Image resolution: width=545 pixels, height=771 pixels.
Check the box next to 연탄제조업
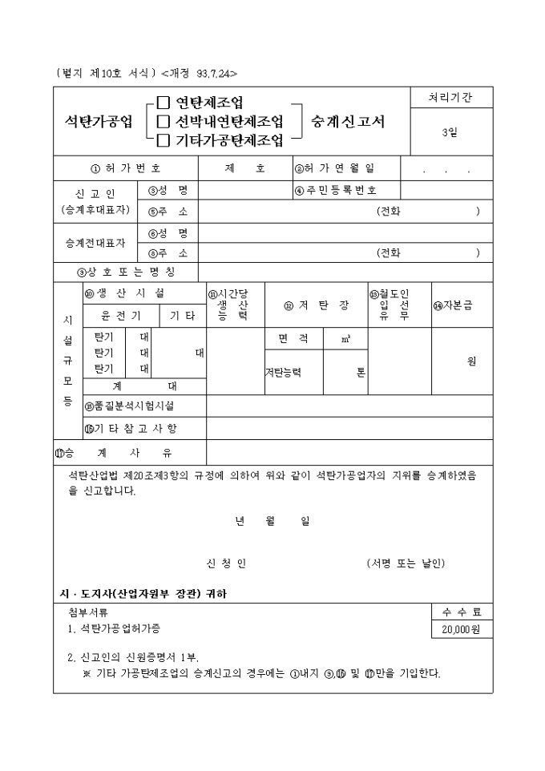[x=163, y=103]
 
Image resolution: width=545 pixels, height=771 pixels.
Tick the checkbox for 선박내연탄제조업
[x=163, y=122]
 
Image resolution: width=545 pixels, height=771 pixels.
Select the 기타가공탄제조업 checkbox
[x=163, y=141]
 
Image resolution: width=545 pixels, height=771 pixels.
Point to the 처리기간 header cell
[x=451, y=98]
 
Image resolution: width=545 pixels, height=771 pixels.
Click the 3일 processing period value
[x=450, y=133]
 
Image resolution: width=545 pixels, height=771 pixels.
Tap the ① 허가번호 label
[x=126, y=168]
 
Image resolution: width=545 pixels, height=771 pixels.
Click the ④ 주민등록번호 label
[x=336, y=190]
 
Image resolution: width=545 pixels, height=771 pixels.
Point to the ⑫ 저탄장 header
[x=316, y=305]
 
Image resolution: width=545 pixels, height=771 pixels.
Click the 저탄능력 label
[x=283, y=372]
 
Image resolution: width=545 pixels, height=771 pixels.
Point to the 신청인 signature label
[x=227, y=563]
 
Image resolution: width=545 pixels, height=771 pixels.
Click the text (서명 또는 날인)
[x=405, y=563]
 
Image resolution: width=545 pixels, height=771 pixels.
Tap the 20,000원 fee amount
[x=460, y=630]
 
